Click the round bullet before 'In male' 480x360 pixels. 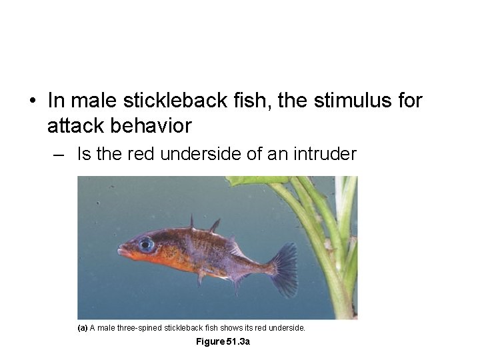point(32,101)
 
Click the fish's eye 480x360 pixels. point(146,244)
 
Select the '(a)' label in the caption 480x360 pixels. point(83,328)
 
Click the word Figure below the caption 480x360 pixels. point(209,342)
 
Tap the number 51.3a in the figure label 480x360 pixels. point(237,342)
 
